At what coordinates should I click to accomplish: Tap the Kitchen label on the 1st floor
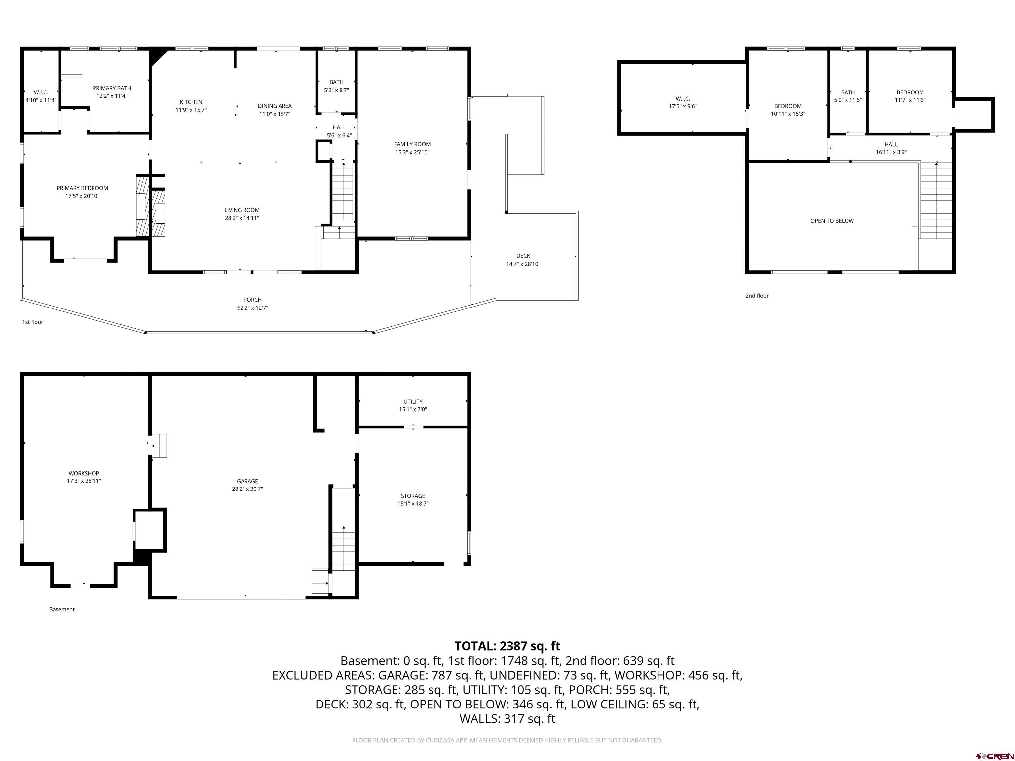(x=191, y=102)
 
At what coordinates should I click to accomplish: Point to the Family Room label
(x=413, y=144)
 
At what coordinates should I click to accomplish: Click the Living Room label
(x=242, y=210)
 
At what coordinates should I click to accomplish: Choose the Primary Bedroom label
(x=82, y=188)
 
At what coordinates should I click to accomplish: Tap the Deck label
(x=523, y=256)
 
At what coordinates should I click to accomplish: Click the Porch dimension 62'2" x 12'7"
(x=252, y=308)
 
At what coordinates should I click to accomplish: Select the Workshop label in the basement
(x=84, y=473)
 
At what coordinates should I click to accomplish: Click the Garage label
(x=247, y=481)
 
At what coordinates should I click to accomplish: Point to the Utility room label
(x=413, y=401)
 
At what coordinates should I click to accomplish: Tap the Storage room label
(x=413, y=496)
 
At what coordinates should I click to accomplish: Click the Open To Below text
(x=832, y=221)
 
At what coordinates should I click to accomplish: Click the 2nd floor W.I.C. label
(x=683, y=99)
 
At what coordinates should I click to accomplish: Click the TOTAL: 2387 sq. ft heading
(x=507, y=646)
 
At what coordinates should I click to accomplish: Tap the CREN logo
(x=995, y=755)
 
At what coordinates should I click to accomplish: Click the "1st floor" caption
(x=33, y=322)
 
